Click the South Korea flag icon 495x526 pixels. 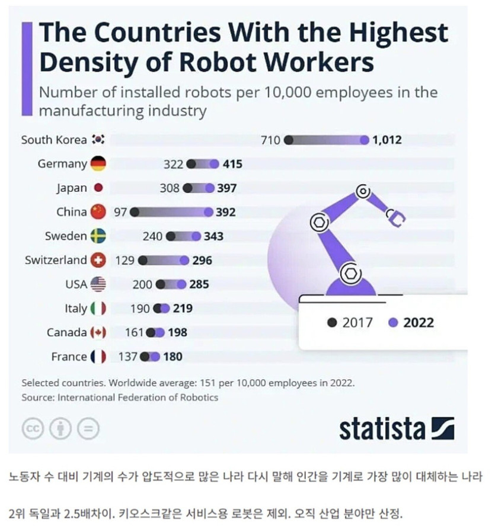[98, 140]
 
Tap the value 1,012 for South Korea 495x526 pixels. [388, 140]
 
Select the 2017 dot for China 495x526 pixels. [135, 212]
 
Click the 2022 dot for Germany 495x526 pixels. [214, 164]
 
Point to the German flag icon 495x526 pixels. [98, 164]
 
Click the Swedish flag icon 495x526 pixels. [98, 236]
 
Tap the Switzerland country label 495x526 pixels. [56, 260]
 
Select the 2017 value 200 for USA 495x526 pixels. [142, 284]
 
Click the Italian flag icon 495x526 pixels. [98, 309]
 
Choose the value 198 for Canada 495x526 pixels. [177, 332]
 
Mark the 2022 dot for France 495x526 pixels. [155, 357]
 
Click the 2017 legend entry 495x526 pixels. [350, 322]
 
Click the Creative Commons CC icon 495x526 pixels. [33, 429]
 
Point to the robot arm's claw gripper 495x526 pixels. [395, 218]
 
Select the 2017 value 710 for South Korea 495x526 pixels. [270, 140]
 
